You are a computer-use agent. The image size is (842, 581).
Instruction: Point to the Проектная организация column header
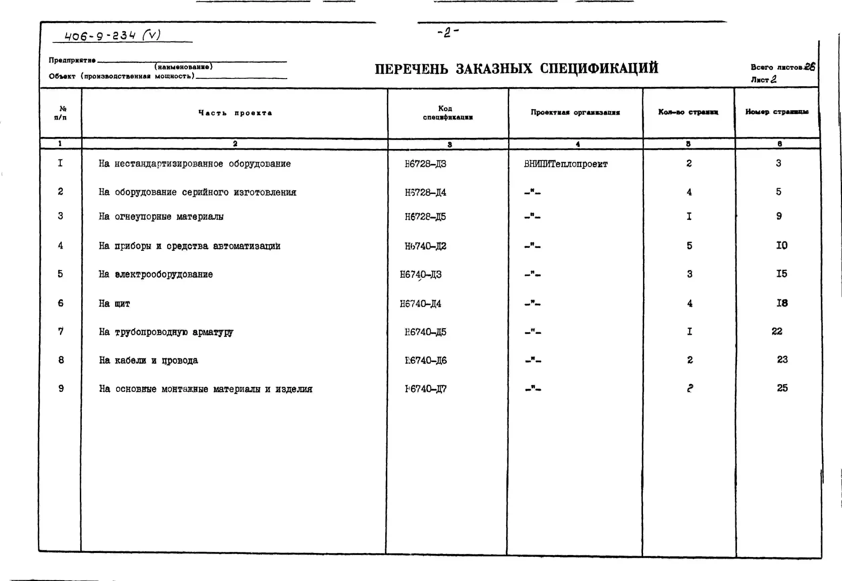point(575,112)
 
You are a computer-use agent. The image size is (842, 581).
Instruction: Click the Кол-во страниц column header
point(688,112)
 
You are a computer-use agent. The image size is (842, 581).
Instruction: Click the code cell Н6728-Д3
point(425,164)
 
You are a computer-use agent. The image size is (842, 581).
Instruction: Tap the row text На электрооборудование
point(156,274)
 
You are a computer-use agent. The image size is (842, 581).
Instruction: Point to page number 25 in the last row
point(782,388)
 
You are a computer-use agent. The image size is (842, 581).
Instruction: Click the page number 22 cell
point(777,331)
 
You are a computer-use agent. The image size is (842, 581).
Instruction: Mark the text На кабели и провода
point(148,360)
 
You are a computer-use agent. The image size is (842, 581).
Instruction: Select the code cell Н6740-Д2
point(425,246)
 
